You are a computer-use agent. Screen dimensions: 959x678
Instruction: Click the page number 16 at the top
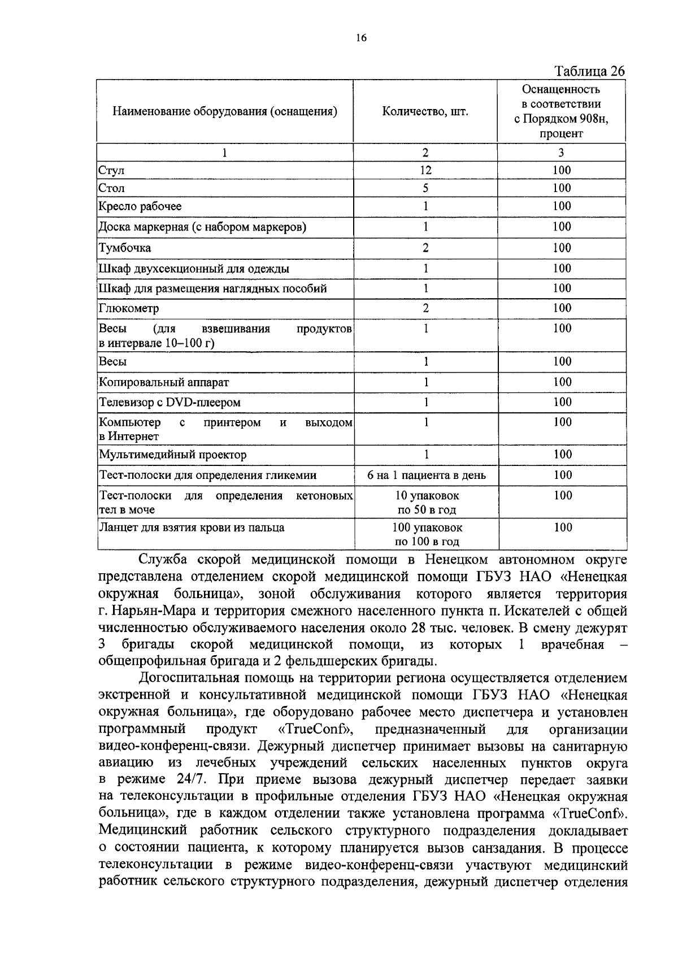(362, 38)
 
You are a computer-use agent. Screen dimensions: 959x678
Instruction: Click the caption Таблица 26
(590, 71)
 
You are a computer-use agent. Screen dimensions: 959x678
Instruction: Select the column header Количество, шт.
(425, 111)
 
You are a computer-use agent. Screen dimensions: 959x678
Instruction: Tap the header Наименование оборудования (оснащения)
(225, 111)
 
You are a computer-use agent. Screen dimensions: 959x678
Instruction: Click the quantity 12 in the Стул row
(425, 170)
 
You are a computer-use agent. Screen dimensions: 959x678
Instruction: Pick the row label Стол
(112, 188)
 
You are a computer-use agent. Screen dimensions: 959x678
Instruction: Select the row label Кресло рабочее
(140, 206)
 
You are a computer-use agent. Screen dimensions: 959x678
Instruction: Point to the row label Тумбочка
(125, 248)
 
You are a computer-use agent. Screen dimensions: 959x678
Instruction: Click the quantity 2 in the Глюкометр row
(425, 308)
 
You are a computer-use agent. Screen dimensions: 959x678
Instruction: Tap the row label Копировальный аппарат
(164, 382)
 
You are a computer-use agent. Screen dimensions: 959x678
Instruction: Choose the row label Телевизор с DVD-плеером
(169, 403)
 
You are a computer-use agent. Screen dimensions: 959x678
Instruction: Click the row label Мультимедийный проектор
(172, 455)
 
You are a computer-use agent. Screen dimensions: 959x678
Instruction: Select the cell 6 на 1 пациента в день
(426, 476)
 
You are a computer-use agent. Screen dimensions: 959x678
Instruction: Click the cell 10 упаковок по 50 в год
(427, 503)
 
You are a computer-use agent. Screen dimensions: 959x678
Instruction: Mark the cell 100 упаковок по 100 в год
(427, 534)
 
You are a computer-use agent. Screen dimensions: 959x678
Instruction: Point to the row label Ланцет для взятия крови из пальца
(192, 528)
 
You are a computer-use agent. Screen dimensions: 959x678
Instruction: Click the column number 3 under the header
(561, 152)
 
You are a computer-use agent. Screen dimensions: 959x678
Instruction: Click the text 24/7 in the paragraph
(182, 780)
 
